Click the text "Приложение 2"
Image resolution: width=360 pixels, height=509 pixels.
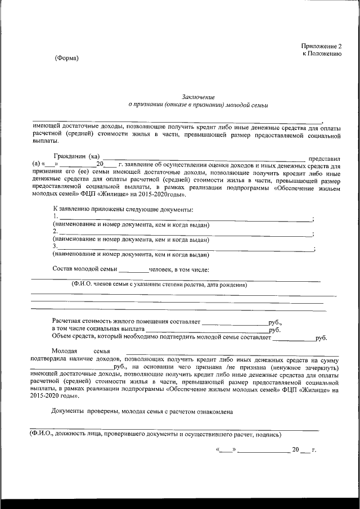(321, 46)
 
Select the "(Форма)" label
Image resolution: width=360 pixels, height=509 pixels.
(67, 58)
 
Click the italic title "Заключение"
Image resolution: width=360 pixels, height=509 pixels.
(199, 97)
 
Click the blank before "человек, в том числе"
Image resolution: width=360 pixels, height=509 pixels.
(133, 269)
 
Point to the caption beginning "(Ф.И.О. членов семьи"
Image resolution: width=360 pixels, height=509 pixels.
(159, 285)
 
